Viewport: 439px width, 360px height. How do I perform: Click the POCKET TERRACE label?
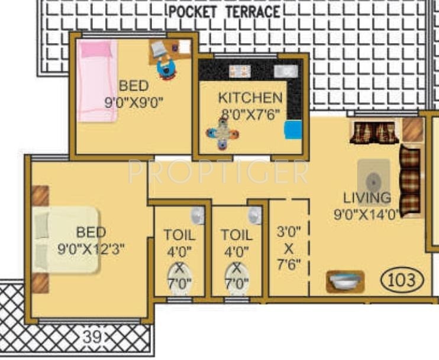pyautogui.click(x=224, y=11)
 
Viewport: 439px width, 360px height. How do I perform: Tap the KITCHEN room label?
pyautogui.click(x=250, y=98)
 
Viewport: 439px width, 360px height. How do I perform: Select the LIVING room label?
pyautogui.click(x=367, y=197)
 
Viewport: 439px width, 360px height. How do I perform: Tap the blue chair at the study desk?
pyautogui.click(x=167, y=69)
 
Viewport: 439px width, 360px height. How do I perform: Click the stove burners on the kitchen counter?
pyautogui.click(x=240, y=71)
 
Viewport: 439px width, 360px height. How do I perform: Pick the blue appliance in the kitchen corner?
pyautogui.click(x=293, y=129)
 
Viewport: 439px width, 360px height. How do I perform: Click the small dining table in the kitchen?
pyautogui.click(x=222, y=133)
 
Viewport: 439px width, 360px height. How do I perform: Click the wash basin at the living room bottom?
pyautogui.click(x=345, y=280)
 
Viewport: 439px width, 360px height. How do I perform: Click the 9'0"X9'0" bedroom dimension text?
pyautogui.click(x=133, y=102)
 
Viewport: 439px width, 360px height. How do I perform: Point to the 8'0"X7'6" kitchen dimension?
pyautogui.click(x=250, y=113)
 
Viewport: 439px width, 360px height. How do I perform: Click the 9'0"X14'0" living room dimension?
pyautogui.click(x=367, y=214)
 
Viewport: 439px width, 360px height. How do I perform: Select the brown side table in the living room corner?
pyautogui.click(x=412, y=129)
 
